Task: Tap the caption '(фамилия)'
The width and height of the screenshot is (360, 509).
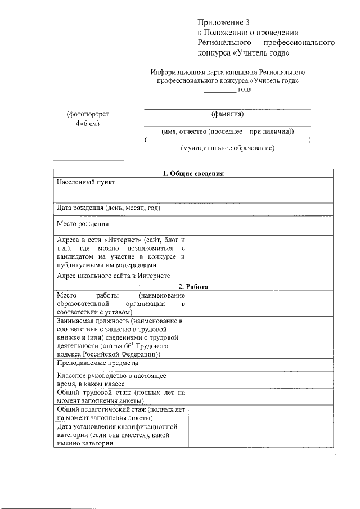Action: [227, 114]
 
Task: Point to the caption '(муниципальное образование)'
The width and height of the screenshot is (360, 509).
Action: [227, 148]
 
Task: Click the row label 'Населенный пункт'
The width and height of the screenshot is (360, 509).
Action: [85, 183]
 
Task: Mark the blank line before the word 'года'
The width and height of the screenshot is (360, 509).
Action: [219, 91]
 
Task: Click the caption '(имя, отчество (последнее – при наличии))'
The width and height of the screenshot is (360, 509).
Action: [227, 132]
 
